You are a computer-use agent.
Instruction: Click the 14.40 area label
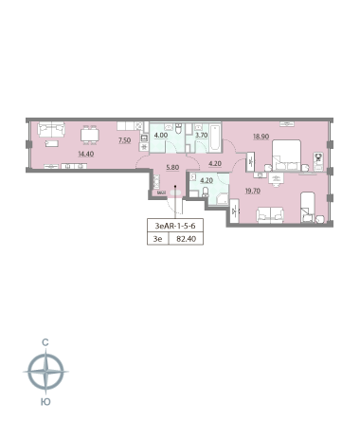(86, 154)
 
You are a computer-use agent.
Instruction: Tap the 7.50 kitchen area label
(124, 140)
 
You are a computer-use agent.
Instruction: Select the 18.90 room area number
(261, 137)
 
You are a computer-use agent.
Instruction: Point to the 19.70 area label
(253, 191)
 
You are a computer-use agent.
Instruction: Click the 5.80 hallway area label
(172, 167)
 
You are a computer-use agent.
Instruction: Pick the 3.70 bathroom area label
(202, 136)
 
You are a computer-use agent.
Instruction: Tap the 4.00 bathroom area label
(161, 136)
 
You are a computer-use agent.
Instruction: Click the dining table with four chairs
(90, 135)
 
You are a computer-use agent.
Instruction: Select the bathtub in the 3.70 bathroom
(216, 138)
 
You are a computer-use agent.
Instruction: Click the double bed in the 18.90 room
(287, 156)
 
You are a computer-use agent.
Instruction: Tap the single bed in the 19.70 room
(308, 207)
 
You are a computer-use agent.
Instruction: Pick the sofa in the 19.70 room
(270, 215)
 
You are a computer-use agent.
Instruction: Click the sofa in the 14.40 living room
(51, 130)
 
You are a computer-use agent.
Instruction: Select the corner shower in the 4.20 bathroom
(222, 199)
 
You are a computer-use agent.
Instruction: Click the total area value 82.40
(187, 239)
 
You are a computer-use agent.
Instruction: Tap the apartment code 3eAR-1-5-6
(175, 226)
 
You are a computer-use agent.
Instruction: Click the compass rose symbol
(46, 372)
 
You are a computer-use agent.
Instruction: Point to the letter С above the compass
(45, 342)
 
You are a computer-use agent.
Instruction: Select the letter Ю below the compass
(45, 402)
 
